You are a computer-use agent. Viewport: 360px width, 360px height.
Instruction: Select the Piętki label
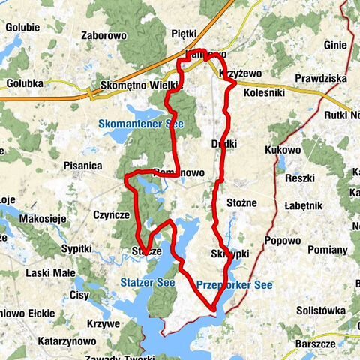(x=183, y=34)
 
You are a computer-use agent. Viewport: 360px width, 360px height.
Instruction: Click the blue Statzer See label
(x=147, y=282)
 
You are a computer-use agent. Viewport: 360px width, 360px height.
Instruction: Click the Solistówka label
(x=320, y=310)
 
